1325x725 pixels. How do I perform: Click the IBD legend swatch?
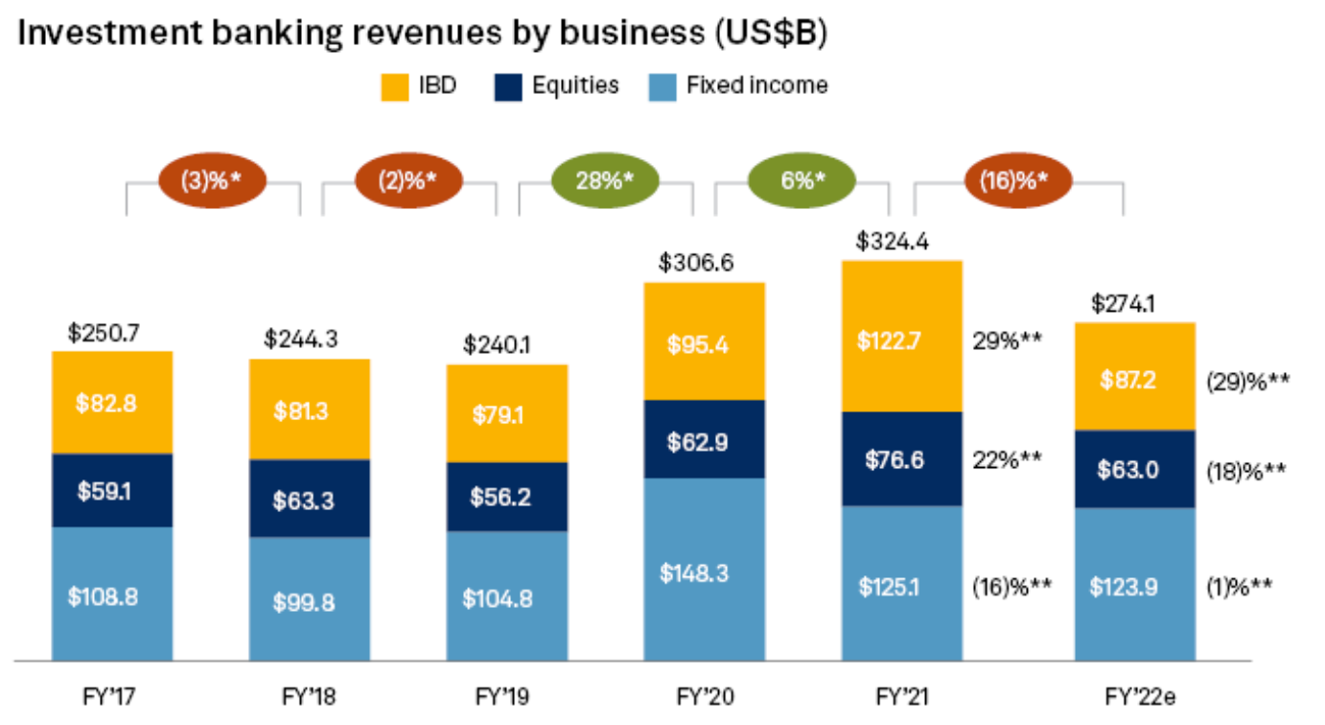[x=395, y=87]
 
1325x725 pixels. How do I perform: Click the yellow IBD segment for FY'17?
[x=112, y=403]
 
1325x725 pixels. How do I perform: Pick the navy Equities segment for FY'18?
[x=309, y=499]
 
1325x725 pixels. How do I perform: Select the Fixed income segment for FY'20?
[x=704, y=570]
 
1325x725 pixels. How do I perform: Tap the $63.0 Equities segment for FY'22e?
[x=1135, y=470]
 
